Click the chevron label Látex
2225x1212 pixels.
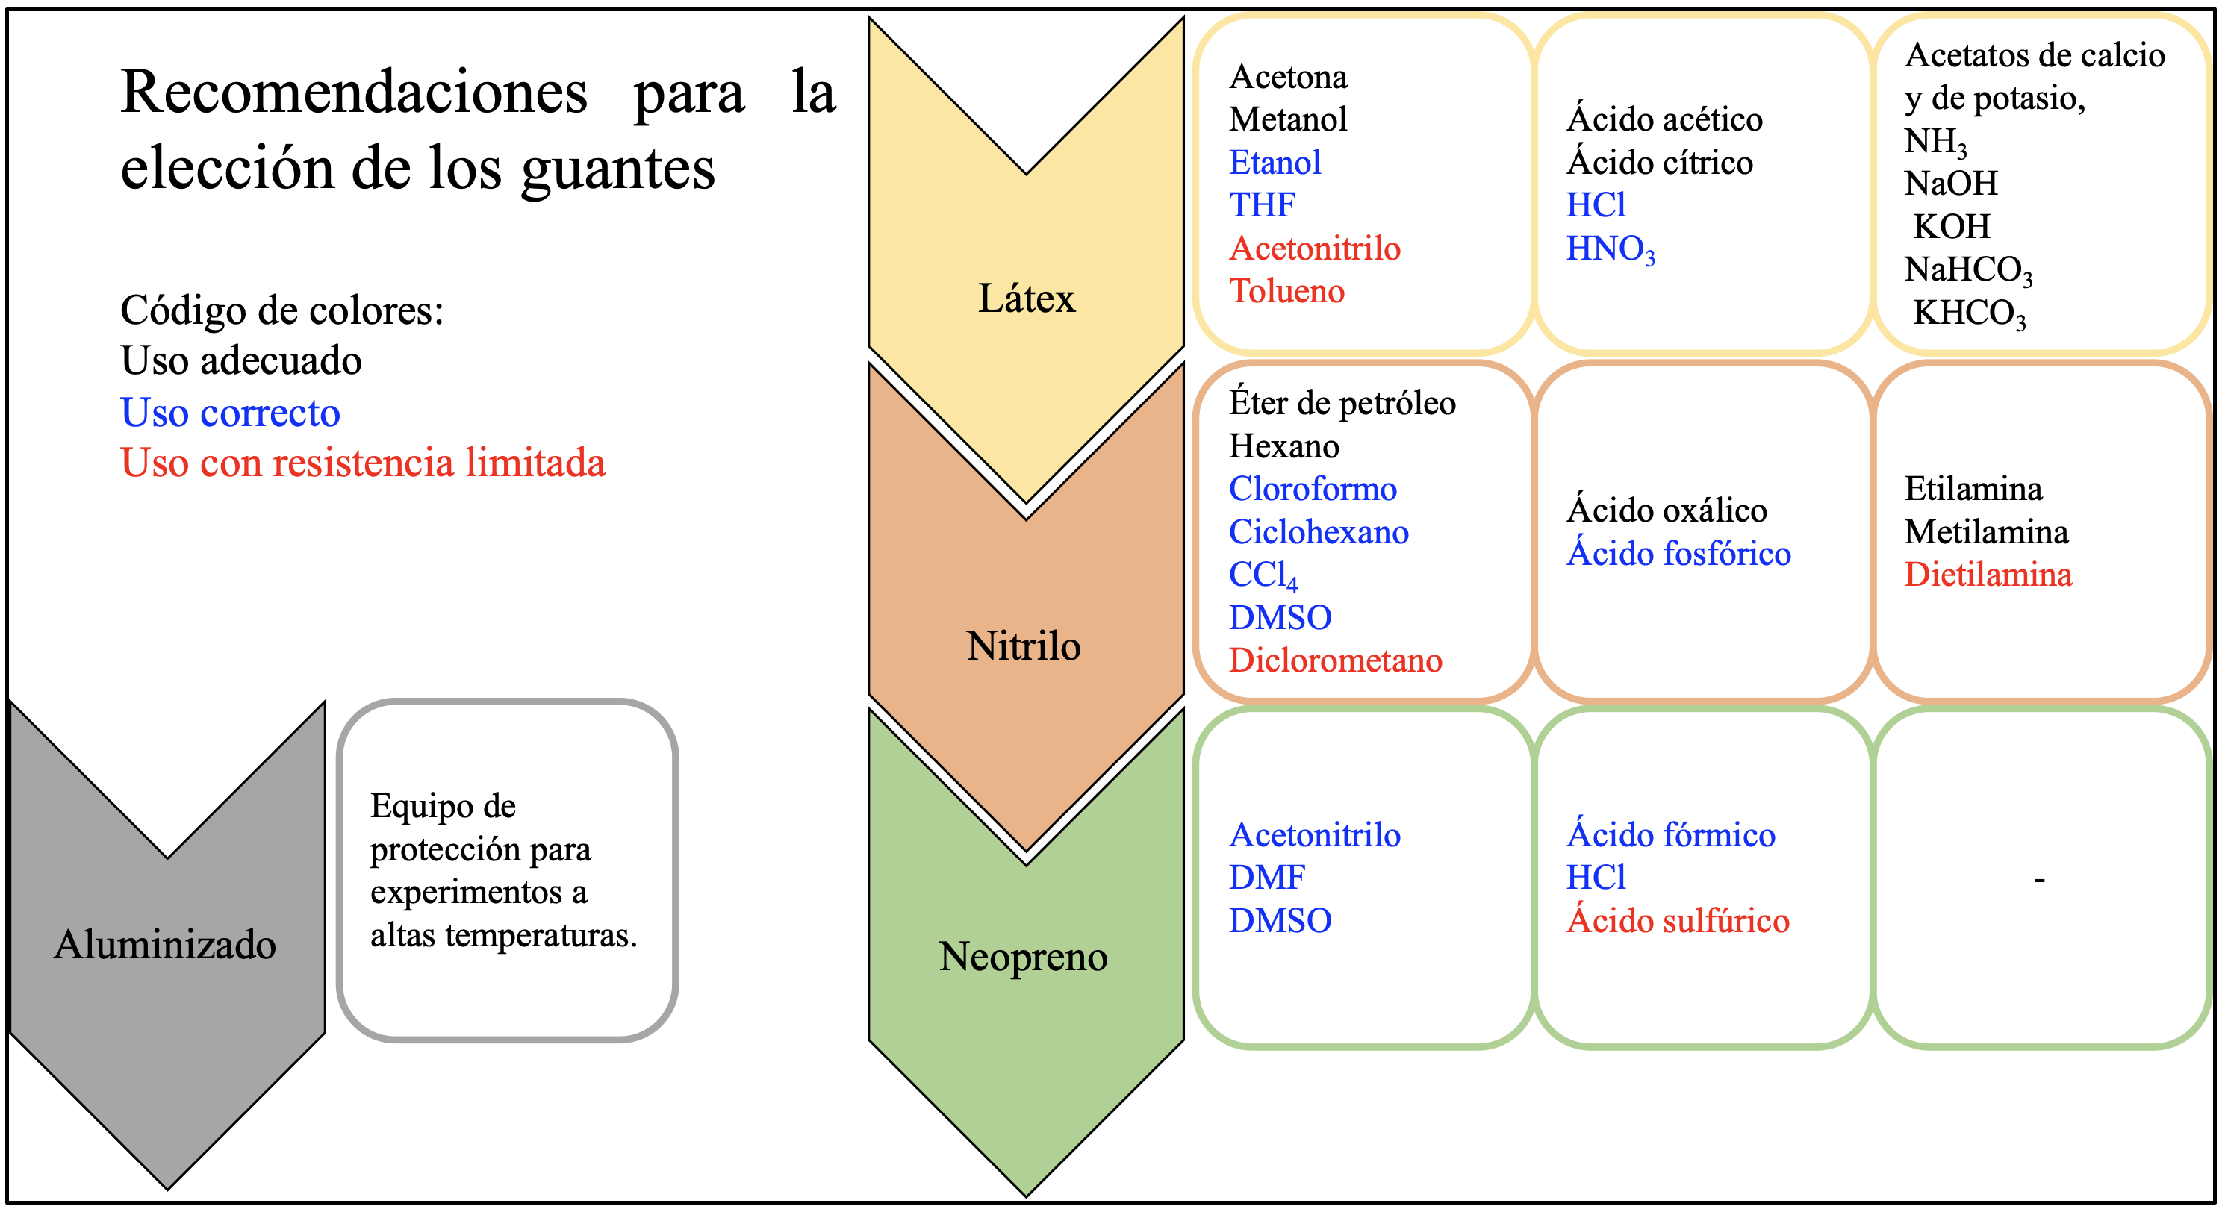click(x=1026, y=299)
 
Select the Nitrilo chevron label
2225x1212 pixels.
click(x=1024, y=646)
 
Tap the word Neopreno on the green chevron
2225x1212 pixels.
click(x=1024, y=957)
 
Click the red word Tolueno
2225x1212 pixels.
click(x=1287, y=292)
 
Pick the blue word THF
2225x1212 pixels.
click(x=1262, y=205)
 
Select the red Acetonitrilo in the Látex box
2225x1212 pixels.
click(x=1315, y=249)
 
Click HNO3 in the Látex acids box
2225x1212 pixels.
click(x=1610, y=249)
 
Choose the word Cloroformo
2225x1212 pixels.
click(x=1313, y=490)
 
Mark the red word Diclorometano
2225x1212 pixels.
click(x=1335, y=661)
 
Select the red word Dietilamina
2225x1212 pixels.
click(x=1988, y=575)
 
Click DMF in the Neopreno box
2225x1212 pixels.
click(x=1266, y=878)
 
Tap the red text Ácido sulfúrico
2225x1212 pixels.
click(x=1678, y=921)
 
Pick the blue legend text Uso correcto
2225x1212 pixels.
click(x=231, y=413)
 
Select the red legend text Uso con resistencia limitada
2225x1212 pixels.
click(x=363, y=463)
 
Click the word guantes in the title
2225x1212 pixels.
click(x=617, y=169)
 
